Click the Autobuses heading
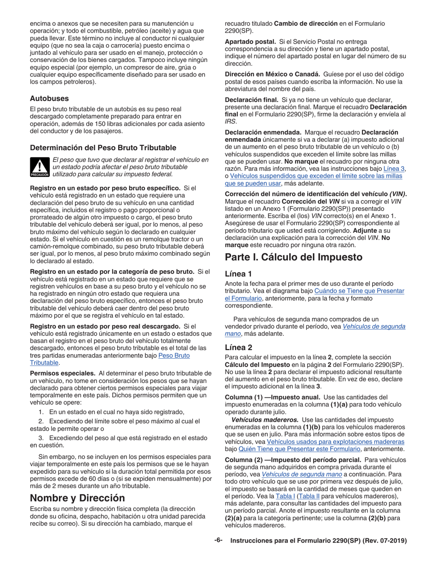tap(49, 98)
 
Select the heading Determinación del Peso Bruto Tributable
tap(103, 147)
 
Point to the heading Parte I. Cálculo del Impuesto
tap(293, 257)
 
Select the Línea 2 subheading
tap(238, 348)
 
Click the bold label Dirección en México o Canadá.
tap(271, 74)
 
